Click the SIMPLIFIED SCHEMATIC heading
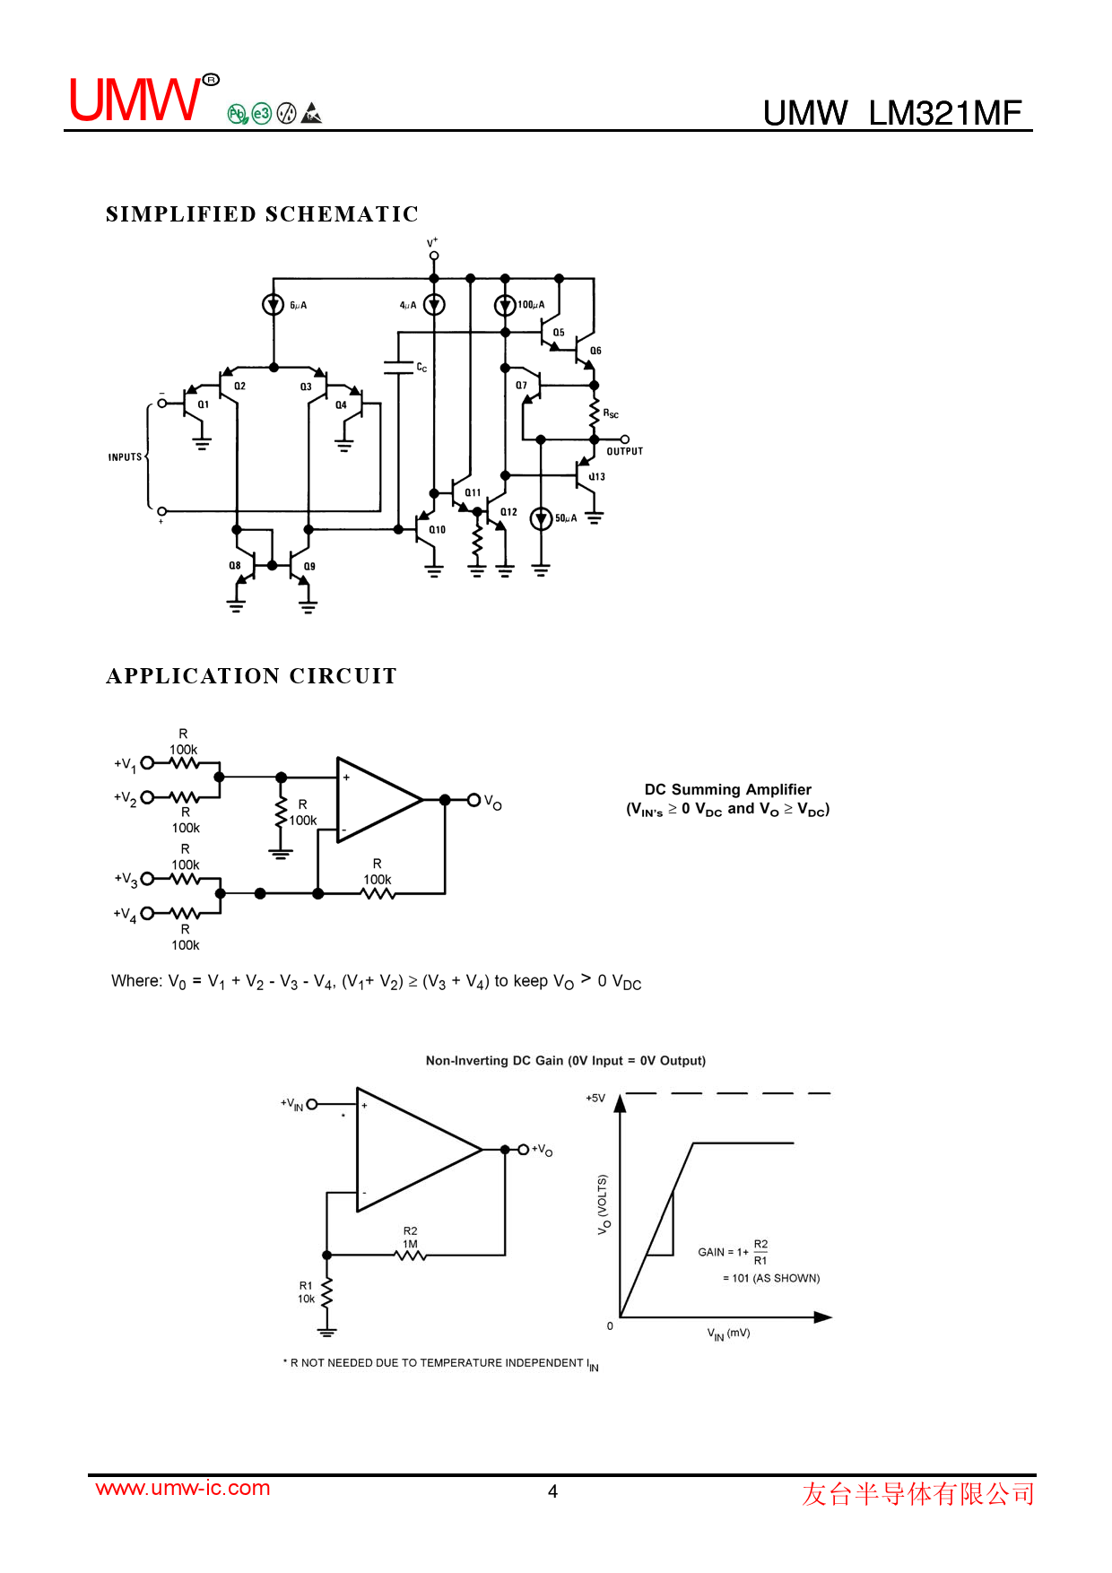262,214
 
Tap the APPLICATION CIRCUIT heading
251,676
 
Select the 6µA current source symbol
274,305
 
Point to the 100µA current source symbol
506,305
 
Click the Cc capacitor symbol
398,367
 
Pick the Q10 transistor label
437,530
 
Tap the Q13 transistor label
597,477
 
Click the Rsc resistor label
611,413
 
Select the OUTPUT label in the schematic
625,451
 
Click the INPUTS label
126,457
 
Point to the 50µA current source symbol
541,518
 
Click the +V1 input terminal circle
148,763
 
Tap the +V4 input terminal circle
147,913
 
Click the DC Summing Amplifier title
728,789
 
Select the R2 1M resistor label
410,1238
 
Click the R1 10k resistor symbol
327,1292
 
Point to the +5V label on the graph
595,1098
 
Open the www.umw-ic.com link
183,1488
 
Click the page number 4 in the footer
553,1491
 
